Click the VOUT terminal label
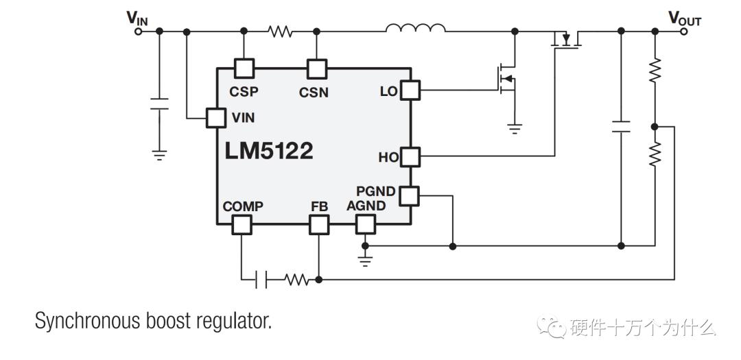tap(684, 19)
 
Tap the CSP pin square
tap(244, 68)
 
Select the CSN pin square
tap(316, 68)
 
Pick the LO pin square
tap(410, 91)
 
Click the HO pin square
tap(410, 156)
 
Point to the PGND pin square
tap(410, 195)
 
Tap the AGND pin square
tap(365, 224)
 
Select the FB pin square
tap(319, 224)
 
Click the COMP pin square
tap(241, 224)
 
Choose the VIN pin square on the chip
tap(216, 117)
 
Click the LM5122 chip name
tap(268, 151)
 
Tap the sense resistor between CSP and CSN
tap(280, 31)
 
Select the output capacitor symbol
tap(621, 126)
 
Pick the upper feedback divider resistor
tap(655, 71)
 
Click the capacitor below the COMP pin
tap(260, 279)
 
